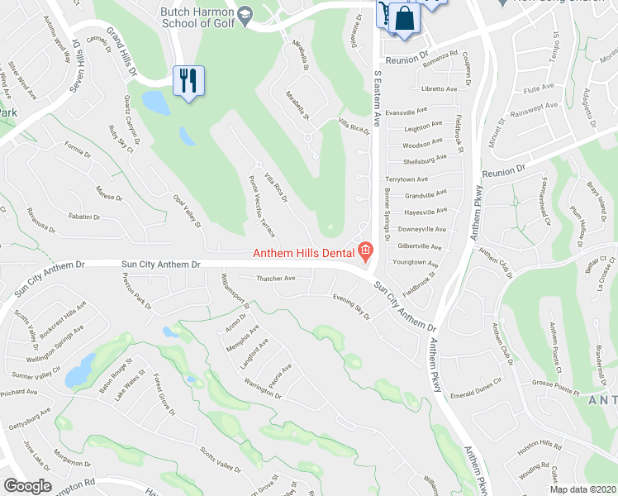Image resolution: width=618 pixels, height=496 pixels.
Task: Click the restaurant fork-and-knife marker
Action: tap(188, 81)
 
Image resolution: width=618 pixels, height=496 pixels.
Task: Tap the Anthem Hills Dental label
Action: tap(303, 253)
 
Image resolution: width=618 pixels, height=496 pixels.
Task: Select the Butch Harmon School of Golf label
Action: tap(195, 16)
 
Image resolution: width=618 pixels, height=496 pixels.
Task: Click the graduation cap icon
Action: tap(245, 15)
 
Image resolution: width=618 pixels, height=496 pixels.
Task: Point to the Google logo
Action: tap(27, 486)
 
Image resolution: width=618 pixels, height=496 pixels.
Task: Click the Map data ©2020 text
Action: tap(582, 489)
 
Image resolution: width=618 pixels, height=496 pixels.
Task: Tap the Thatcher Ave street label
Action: tap(276, 279)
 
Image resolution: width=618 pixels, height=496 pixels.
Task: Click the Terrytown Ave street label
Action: tap(406, 179)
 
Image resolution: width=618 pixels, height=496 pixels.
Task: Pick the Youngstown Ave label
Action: tap(416, 263)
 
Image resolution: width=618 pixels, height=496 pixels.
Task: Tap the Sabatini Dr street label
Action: tap(85, 217)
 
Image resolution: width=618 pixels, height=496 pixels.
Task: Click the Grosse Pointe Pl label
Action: tap(556, 383)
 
